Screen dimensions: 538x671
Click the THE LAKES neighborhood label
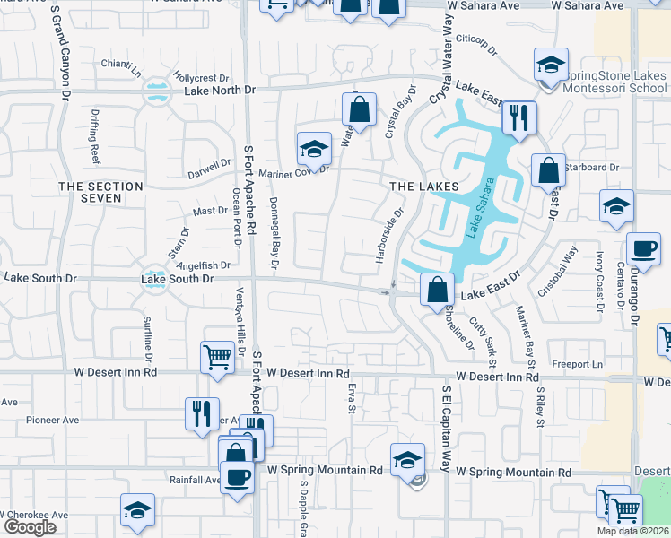coord(424,186)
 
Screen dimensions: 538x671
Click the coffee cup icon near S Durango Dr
coord(642,248)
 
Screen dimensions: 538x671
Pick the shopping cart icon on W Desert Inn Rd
coord(218,358)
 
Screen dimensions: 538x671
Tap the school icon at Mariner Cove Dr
coord(313,148)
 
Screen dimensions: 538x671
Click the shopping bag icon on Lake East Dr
coord(436,290)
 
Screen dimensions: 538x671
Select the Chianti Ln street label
coord(121,64)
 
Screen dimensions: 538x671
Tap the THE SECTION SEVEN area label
coord(100,192)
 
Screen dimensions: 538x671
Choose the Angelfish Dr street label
coord(204,265)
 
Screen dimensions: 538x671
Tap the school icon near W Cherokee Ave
coord(137,511)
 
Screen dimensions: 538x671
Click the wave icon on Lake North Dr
coord(158,91)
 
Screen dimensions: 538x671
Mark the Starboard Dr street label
coord(592,167)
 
